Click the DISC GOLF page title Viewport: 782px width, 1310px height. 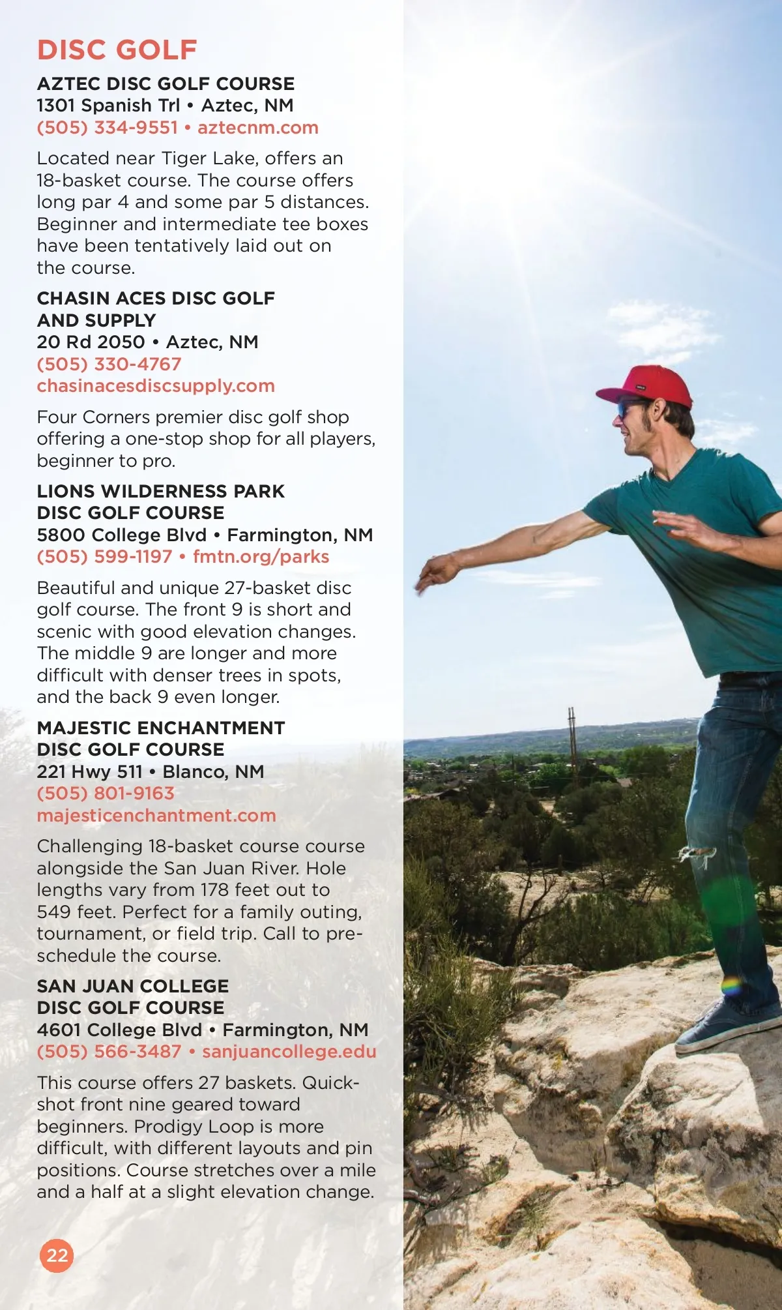tap(117, 50)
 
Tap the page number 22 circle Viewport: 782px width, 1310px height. tap(57, 1255)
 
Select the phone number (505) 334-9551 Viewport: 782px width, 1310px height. tap(107, 127)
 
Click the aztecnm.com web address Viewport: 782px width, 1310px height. tap(258, 127)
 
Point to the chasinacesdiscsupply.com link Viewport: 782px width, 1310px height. tap(156, 385)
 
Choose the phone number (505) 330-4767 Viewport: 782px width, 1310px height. tap(109, 364)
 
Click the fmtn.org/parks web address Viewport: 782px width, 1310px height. tap(261, 556)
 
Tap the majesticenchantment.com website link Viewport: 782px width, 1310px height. tap(156, 815)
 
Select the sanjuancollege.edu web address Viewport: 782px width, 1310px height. tap(289, 1051)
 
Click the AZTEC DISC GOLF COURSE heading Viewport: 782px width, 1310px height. tap(166, 83)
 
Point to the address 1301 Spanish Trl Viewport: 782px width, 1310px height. tap(108, 105)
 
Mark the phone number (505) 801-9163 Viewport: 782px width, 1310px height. tap(106, 793)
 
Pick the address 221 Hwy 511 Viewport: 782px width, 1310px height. tap(89, 771)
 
